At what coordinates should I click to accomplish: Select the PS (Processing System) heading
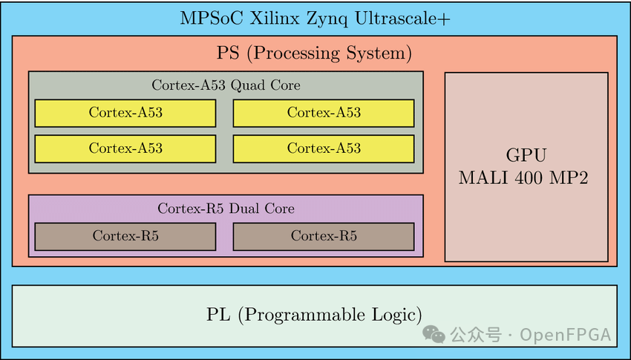[x=314, y=53]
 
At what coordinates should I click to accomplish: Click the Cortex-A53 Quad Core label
[x=226, y=85]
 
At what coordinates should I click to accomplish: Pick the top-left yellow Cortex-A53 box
[x=125, y=113]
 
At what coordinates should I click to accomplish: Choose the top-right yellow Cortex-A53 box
[x=324, y=113]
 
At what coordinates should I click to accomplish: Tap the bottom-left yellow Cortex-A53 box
[x=125, y=148]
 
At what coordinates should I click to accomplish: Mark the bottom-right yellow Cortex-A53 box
[x=324, y=148]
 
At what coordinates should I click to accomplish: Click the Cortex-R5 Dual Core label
[x=226, y=209]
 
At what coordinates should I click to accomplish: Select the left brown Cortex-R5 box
[x=125, y=236]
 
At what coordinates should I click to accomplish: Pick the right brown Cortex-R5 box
[x=324, y=236]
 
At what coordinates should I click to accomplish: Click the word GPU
[x=526, y=156]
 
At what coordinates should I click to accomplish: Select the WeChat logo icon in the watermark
[x=434, y=335]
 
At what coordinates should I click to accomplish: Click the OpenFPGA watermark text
[x=566, y=336]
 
